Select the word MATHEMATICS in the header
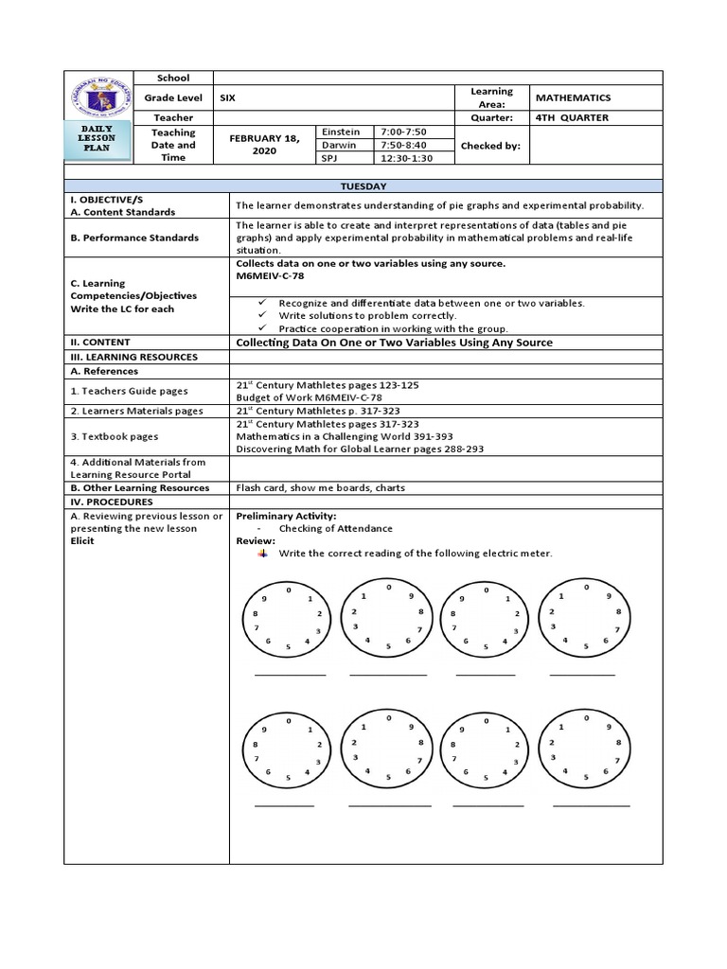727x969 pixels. (x=573, y=97)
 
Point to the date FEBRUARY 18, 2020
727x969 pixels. (x=264, y=145)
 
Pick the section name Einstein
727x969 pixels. (x=342, y=132)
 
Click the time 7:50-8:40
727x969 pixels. (x=403, y=145)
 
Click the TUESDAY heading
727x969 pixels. (x=363, y=188)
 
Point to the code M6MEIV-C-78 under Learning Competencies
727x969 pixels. (x=270, y=275)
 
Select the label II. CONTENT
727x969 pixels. (x=100, y=342)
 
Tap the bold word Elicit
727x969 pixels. (x=82, y=541)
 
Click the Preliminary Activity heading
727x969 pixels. (x=285, y=516)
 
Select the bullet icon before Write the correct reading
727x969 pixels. (x=262, y=554)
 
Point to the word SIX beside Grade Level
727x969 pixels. (x=228, y=97)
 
